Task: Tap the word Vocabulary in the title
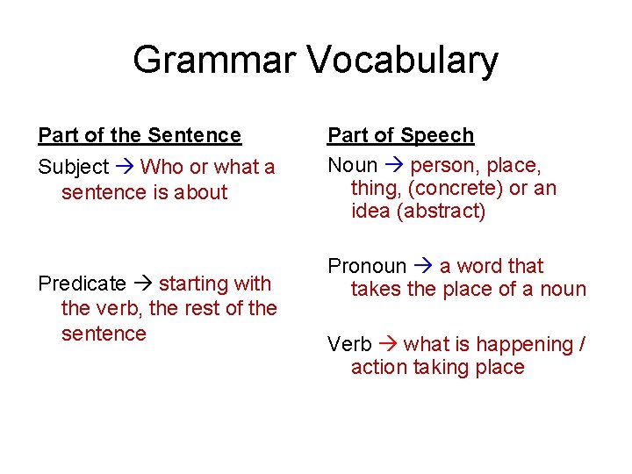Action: point(403,61)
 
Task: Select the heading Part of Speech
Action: point(400,135)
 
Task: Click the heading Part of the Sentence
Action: point(140,135)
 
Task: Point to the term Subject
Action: point(73,167)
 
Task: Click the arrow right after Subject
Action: point(125,167)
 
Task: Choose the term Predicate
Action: point(82,284)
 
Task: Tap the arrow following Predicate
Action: point(142,284)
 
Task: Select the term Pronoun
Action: point(367,266)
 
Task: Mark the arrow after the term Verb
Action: point(387,344)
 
